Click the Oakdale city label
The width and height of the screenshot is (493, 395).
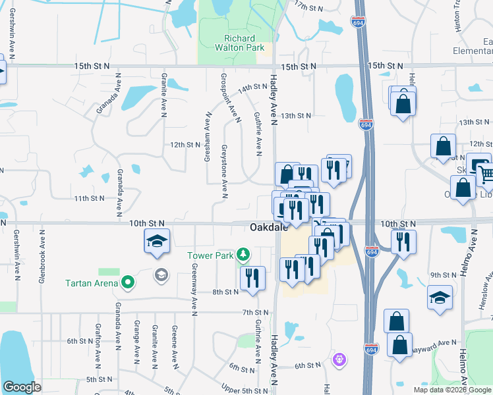tap(266, 228)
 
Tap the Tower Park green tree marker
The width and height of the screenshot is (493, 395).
tap(244, 255)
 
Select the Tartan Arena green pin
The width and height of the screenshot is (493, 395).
tap(127, 283)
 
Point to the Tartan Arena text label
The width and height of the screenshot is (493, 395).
tap(92, 284)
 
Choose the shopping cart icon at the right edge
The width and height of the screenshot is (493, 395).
tap(486, 174)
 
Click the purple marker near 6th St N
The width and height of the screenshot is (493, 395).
tap(339, 359)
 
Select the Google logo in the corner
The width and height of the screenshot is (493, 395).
tap(22, 387)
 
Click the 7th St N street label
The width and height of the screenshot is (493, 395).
tap(253, 312)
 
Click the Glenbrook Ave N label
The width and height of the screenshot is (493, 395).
tap(41, 260)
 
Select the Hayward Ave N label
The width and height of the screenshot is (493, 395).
tap(436, 343)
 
